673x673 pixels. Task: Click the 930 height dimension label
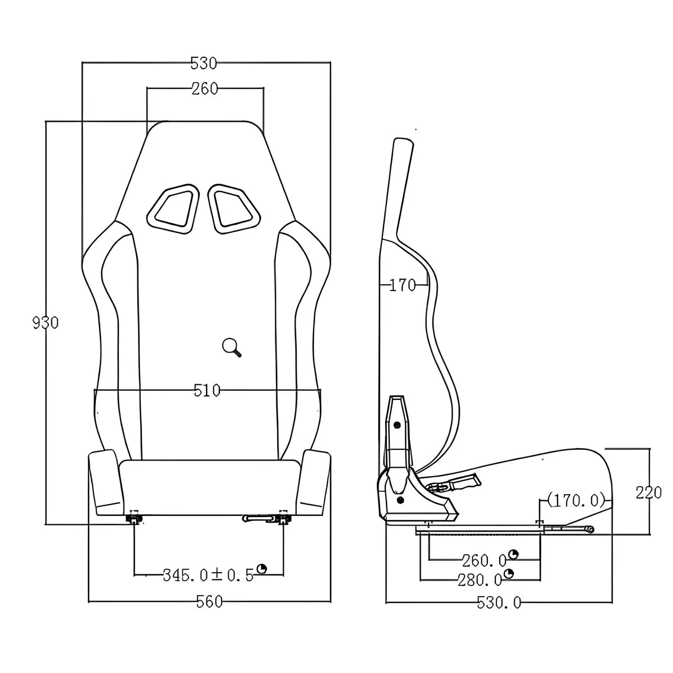[45, 323]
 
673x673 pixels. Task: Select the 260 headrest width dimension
[204, 89]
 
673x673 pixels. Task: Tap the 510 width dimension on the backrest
[207, 390]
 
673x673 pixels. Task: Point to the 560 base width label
[209, 602]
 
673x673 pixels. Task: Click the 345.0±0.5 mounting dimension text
[208, 574]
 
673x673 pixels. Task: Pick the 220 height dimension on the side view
[649, 492]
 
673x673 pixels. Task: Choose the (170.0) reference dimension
[577, 499]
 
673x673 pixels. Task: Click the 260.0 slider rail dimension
[484, 560]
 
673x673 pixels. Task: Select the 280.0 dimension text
[480, 579]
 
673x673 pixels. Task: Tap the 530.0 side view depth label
[499, 603]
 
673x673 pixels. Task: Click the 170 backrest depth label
[402, 285]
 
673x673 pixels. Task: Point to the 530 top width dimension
[204, 63]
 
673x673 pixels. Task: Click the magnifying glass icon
[232, 348]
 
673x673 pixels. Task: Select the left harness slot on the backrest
[172, 207]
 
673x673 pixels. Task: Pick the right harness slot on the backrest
[235, 208]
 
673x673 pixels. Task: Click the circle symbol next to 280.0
[509, 574]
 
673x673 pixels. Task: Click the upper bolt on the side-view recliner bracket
[397, 425]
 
